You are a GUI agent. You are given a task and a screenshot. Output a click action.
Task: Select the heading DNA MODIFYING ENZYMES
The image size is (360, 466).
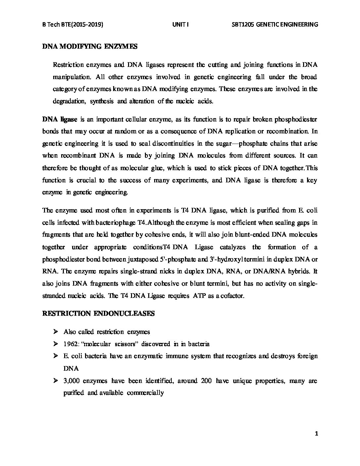(90, 47)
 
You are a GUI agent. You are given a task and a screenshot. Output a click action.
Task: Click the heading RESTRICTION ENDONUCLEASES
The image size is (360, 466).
(98, 313)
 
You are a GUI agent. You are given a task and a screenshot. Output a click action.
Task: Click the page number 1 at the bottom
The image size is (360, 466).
(317, 434)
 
